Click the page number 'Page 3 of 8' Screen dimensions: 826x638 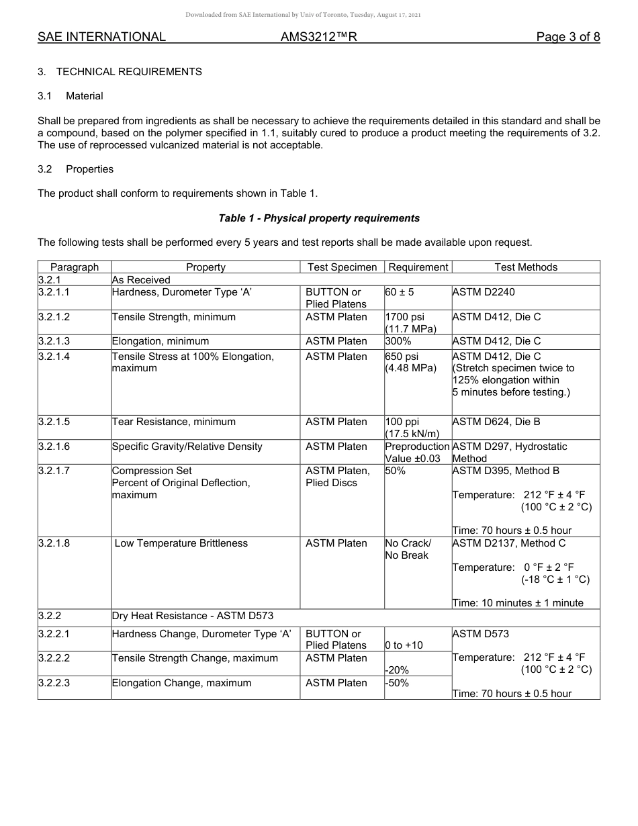(567, 37)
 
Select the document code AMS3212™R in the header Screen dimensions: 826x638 (318, 37)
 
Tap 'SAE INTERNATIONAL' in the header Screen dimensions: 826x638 (101, 37)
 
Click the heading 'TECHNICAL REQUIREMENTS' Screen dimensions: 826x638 (129, 71)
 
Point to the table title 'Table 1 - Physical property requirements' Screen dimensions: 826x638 (319, 218)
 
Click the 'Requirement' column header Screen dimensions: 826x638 (418, 267)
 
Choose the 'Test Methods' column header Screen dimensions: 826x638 (526, 267)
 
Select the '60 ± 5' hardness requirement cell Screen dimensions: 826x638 (400, 292)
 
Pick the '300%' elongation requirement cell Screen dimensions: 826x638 (398, 341)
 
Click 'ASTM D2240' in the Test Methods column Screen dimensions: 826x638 (484, 292)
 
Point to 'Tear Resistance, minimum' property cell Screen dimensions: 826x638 (174, 422)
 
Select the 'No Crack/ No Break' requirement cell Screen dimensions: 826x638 (408, 549)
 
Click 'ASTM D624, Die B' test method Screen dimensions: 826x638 (496, 422)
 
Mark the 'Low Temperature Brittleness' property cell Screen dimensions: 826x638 (181, 543)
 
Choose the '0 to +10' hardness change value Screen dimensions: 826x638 (404, 645)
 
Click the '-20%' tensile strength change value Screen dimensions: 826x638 (397, 670)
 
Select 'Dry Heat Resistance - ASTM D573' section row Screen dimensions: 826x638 (193, 616)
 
